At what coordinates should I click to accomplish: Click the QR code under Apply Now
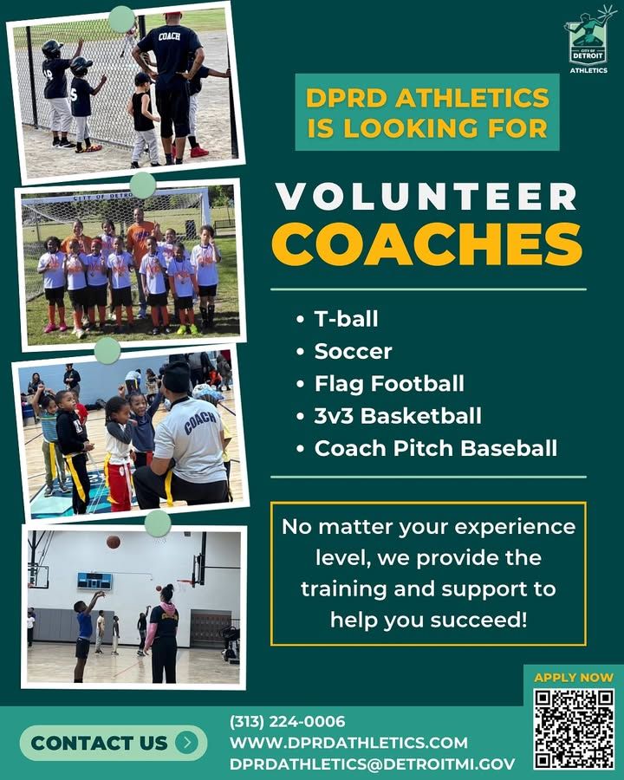pos(575,729)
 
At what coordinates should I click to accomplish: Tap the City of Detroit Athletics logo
pos(588,40)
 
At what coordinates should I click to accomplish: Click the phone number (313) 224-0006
pos(287,721)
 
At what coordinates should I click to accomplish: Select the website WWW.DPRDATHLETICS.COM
pos(348,743)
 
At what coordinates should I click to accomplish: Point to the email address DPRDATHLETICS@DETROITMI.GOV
pos(372,764)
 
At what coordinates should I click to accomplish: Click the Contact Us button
pos(114,743)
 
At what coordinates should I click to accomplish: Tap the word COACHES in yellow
pos(427,244)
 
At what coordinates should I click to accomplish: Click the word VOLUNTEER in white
pos(427,197)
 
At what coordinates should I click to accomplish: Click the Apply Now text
pos(574,677)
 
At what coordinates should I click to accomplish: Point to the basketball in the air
pos(114,542)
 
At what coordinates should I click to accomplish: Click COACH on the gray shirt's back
pos(200,422)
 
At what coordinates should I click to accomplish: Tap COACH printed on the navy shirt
pos(169,36)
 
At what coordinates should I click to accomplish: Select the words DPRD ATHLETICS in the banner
pos(427,97)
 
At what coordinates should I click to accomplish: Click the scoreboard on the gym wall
pos(94,581)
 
